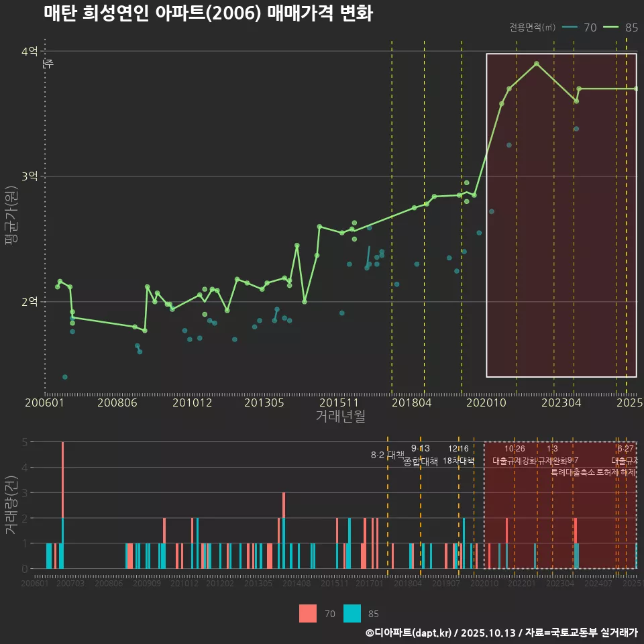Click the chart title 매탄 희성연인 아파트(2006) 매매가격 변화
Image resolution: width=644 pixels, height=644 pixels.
coord(208,13)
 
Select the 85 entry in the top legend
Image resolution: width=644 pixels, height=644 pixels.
coord(631,28)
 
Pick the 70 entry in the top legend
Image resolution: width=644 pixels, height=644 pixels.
coord(590,28)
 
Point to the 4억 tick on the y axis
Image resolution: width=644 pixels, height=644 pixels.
coord(30,52)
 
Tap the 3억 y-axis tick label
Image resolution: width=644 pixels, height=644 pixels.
coord(30,176)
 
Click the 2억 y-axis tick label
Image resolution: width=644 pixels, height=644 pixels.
coord(30,302)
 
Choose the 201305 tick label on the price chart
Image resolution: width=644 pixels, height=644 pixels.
coord(264,403)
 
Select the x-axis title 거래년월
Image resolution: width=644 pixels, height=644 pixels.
coord(341,417)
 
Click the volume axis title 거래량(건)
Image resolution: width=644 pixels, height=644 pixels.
coord(11,505)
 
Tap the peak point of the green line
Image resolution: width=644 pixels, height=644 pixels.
coord(537,64)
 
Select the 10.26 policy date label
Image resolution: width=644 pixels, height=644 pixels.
coord(515,449)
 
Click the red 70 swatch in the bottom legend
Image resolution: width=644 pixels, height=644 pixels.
coord(307,613)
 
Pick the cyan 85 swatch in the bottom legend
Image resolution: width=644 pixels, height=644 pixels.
coord(352,613)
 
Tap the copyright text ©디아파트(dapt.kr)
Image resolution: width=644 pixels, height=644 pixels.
coord(409,633)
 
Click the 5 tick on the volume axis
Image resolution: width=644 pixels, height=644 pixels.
coord(24,442)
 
